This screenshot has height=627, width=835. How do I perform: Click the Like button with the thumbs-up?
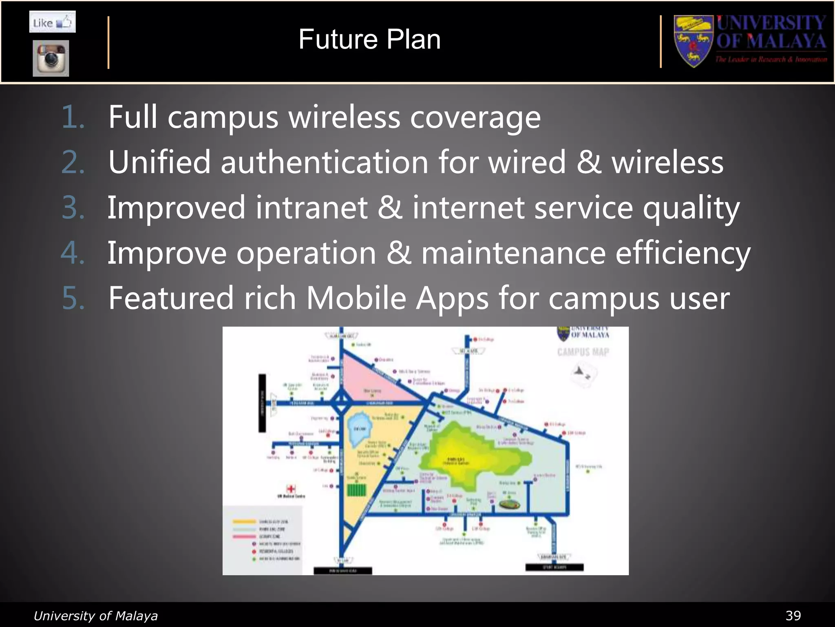coord(52,22)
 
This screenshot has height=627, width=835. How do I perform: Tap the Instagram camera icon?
coord(51,58)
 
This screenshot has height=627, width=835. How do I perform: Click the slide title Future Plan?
coord(369,40)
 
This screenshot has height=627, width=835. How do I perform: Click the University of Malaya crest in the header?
coord(693,41)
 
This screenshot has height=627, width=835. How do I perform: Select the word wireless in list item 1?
coord(344,118)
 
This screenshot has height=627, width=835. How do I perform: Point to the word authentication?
coord(324,162)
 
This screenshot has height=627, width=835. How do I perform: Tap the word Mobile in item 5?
coord(356,298)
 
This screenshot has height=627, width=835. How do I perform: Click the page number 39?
coord(793,616)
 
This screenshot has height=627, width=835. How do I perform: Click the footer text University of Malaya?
coord(95,616)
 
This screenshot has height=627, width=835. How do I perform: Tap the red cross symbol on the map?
coord(291,489)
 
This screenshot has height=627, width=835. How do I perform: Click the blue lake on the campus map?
coord(359,429)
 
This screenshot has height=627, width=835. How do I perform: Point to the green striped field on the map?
coord(357,489)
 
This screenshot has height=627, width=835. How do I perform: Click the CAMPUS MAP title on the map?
coord(583,352)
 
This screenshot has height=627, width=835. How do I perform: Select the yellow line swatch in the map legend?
coord(244,522)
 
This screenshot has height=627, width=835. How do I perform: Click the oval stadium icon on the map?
coord(509,505)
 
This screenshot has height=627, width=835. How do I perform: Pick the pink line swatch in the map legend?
coord(244,536)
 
